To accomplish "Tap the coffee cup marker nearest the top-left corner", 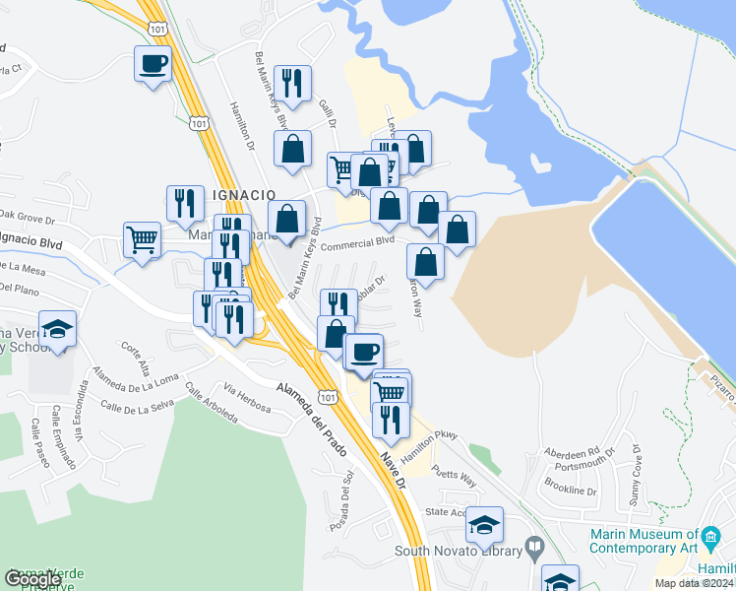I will pos(153,65).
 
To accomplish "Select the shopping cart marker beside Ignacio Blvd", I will pos(143,238).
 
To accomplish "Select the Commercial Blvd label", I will pos(357,241).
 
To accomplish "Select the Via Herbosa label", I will pos(246,396).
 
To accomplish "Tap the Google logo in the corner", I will pos(33,579).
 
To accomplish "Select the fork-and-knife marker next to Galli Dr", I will pos(293,84).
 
